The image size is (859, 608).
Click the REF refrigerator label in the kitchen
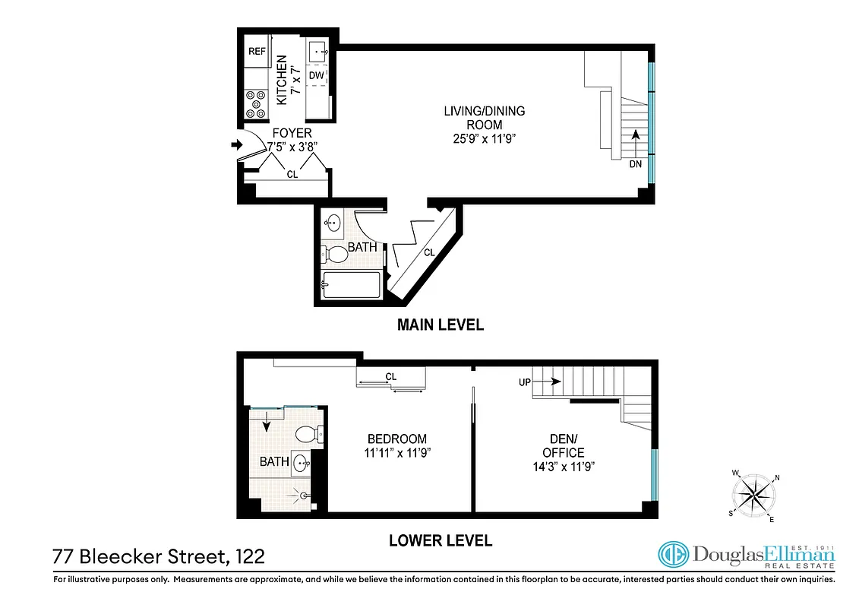tap(256, 52)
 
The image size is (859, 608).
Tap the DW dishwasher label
tap(317, 75)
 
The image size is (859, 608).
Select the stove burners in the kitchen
tap(256, 104)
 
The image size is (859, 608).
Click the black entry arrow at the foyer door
tap(236, 146)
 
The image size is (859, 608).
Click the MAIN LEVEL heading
tap(441, 325)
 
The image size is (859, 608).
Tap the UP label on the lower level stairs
tap(525, 382)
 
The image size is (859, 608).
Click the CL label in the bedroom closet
tap(391, 376)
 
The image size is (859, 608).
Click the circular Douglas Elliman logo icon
tap(673, 555)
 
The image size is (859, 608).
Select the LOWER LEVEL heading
tap(441, 541)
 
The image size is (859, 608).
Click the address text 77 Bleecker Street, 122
tap(159, 556)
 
